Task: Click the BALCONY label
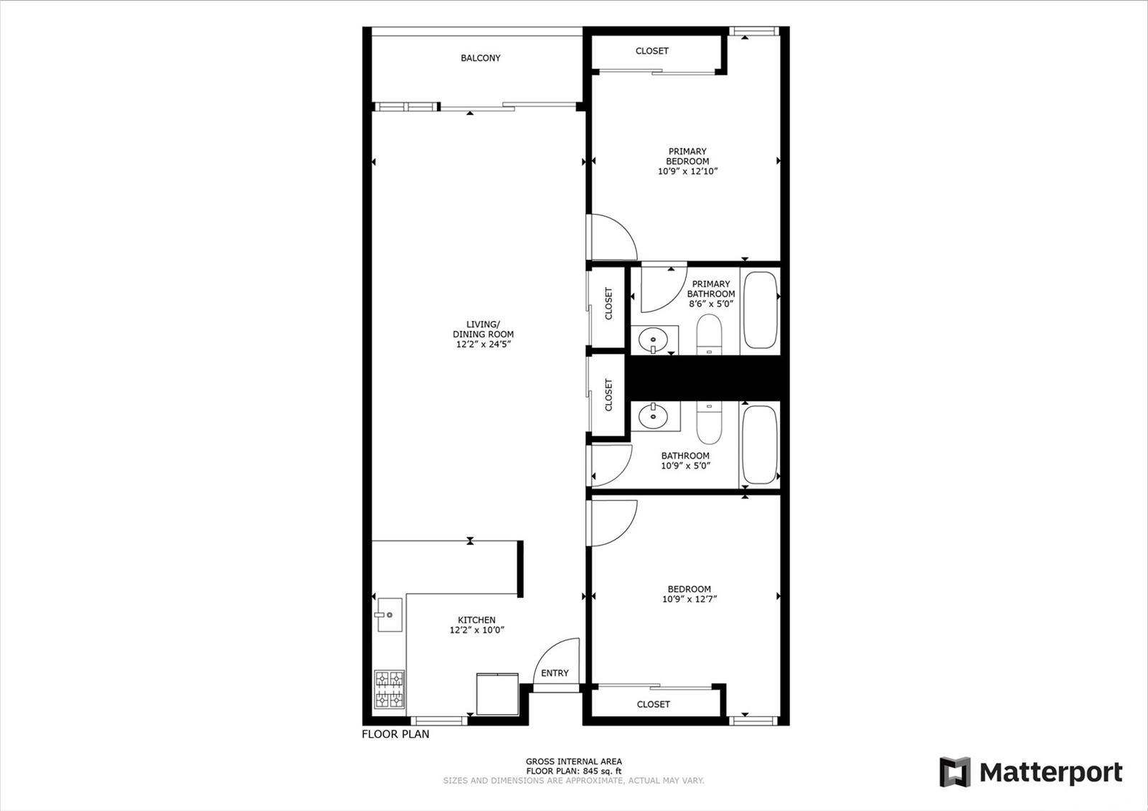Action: click(480, 58)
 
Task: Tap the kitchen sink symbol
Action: click(389, 614)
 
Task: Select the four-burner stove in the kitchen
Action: click(390, 690)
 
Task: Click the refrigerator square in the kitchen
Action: click(497, 693)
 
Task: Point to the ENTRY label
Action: click(555, 673)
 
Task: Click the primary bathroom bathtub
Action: click(761, 310)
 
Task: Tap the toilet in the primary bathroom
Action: click(710, 334)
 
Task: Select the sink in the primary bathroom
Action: click(653, 339)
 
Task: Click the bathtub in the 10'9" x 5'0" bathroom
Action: click(760, 444)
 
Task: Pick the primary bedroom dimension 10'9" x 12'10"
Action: click(687, 172)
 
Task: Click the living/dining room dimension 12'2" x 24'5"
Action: click(484, 344)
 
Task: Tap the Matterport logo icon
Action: click(955, 772)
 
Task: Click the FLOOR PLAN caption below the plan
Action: click(395, 734)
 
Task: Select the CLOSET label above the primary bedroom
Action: click(652, 51)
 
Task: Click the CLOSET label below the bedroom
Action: click(653, 704)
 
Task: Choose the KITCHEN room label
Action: click(476, 620)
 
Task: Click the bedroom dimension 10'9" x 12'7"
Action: click(690, 599)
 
